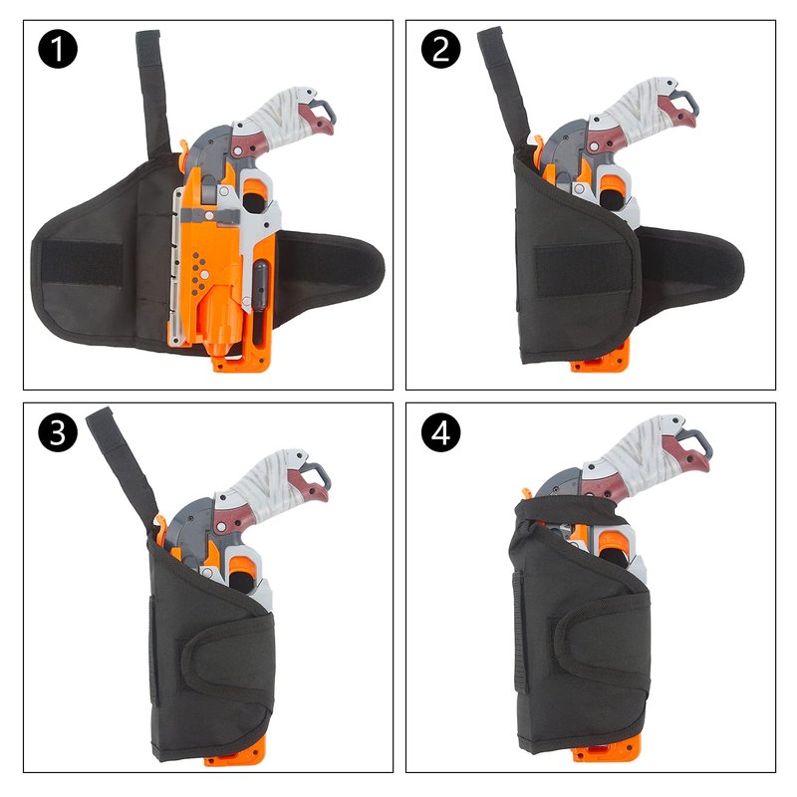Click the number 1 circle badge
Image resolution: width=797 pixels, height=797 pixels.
coord(58,49)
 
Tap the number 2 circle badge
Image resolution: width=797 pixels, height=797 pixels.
coord(440,49)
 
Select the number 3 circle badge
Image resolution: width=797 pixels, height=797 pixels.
coord(58,432)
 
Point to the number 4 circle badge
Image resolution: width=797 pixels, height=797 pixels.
coord(440,432)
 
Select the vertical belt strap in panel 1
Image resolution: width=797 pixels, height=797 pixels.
coord(151,93)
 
